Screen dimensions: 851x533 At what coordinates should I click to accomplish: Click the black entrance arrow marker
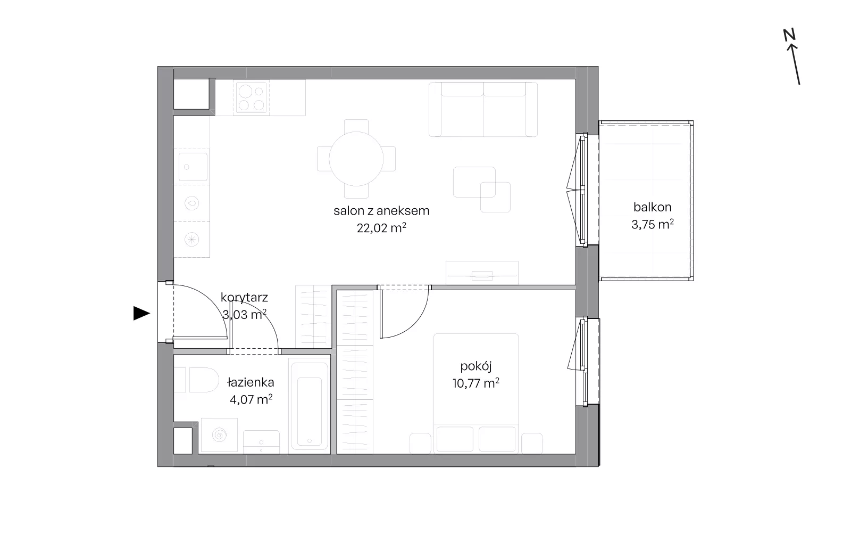coord(141,314)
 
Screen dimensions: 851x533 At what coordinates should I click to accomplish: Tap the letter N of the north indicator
coord(789,35)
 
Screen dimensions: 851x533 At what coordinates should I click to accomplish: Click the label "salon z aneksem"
coord(381,211)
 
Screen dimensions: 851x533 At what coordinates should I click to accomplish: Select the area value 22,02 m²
coord(381,228)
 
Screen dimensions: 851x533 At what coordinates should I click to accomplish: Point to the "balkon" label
coord(652,207)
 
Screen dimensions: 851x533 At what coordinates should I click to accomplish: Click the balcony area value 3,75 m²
coord(652,225)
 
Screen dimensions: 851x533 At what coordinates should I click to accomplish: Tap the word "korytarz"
coord(244,298)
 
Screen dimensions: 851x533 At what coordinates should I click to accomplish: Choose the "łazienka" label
coord(251,382)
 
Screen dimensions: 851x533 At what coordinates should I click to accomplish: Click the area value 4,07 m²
coord(251,399)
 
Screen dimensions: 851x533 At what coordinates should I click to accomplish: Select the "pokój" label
coord(475,366)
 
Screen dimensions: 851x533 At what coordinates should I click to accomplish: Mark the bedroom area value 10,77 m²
coord(475,383)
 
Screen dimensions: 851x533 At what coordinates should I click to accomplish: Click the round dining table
coord(356,159)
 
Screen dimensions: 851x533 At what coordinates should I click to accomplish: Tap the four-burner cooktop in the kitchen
coord(251,97)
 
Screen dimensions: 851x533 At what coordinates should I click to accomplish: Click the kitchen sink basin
coord(193,167)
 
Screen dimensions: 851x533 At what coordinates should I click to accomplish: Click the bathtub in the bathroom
coord(309,405)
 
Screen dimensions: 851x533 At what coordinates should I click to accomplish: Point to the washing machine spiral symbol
coord(219,434)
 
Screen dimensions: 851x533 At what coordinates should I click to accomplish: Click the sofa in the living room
coord(483,109)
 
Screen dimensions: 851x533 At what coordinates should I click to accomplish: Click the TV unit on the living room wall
coord(482,273)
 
